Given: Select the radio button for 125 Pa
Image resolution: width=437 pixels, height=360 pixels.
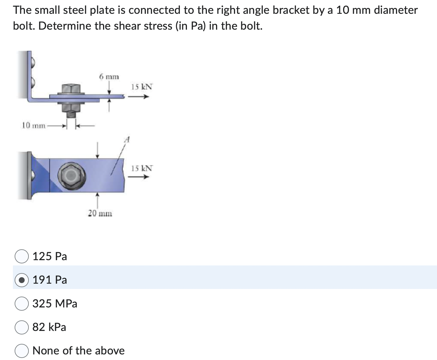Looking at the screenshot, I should (x=21, y=256).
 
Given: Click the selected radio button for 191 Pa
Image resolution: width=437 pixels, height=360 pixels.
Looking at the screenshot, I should (x=21, y=280).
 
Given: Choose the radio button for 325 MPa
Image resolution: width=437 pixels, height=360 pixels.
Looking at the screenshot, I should (x=21, y=304).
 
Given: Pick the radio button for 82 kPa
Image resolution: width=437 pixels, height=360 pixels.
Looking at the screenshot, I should (x=21, y=327).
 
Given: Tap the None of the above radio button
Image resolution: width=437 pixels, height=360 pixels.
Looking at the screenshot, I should (x=21, y=351).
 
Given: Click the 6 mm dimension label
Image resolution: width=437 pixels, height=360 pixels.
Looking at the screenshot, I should (x=109, y=77).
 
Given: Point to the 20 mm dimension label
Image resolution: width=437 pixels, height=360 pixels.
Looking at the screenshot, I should (x=100, y=213).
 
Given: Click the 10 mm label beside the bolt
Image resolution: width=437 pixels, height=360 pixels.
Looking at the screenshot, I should (x=34, y=126).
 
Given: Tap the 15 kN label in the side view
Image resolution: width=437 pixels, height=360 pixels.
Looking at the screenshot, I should (x=142, y=87).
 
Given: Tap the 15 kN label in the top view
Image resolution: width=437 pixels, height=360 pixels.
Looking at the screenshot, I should (x=142, y=169).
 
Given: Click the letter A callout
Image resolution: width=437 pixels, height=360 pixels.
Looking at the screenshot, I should (x=127, y=140).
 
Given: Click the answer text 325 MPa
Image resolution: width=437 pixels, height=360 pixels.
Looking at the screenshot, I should (x=55, y=304).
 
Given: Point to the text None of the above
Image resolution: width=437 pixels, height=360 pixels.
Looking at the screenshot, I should (x=78, y=351).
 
